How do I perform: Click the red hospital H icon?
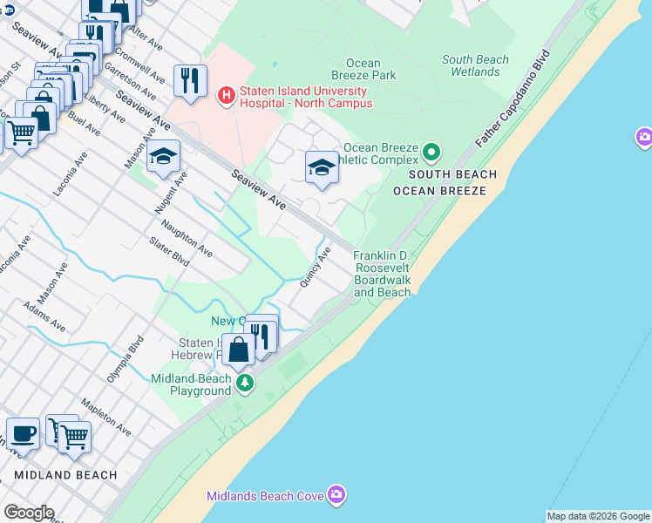(x=227, y=93)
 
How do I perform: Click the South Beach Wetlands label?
(x=475, y=65)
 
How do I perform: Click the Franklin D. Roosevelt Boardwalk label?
(x=382, y=274)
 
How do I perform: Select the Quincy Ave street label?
(x=316, y=267)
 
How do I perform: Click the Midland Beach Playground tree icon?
(x=246, y=383)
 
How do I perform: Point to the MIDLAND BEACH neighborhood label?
(x=65, y=475)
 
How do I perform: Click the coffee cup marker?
(x=23, y=433)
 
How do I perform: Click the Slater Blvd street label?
(x=169, y=252)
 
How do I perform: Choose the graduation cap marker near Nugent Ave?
(x=163, y=157)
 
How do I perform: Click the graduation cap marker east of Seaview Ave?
(x=322, y=166)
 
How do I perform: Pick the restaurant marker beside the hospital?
(x=190, y=80)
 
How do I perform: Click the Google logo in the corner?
(x=29, y=513)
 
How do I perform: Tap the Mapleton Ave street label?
(x=105, y=418)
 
